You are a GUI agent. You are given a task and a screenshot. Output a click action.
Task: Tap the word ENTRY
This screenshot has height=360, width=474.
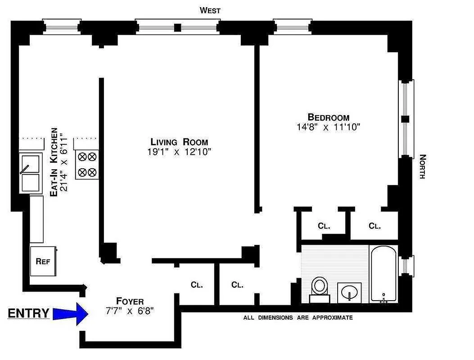[28, 313]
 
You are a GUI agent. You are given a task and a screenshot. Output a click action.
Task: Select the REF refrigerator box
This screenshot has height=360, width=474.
[43, 261]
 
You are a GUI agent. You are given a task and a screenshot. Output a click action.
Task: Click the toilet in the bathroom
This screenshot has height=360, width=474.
[320, 288]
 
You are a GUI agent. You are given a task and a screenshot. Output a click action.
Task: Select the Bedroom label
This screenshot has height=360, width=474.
[328, 117]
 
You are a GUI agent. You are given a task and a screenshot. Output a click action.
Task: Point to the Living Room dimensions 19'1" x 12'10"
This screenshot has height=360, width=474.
[179, 152]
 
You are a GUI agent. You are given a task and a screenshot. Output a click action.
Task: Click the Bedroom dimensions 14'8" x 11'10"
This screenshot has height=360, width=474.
[328, 127]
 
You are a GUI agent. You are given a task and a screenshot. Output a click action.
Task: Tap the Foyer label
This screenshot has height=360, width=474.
[130, 301]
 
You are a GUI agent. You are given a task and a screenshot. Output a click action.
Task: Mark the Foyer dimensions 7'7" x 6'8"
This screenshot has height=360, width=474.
[130, 311]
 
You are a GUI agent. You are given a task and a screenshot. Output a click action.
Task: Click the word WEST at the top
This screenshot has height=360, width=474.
[210, 10]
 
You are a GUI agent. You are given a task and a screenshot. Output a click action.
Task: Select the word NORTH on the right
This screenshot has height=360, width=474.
[422, 166]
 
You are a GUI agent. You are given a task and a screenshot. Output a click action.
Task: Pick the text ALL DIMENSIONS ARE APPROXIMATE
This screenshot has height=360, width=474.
[298, 318]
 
